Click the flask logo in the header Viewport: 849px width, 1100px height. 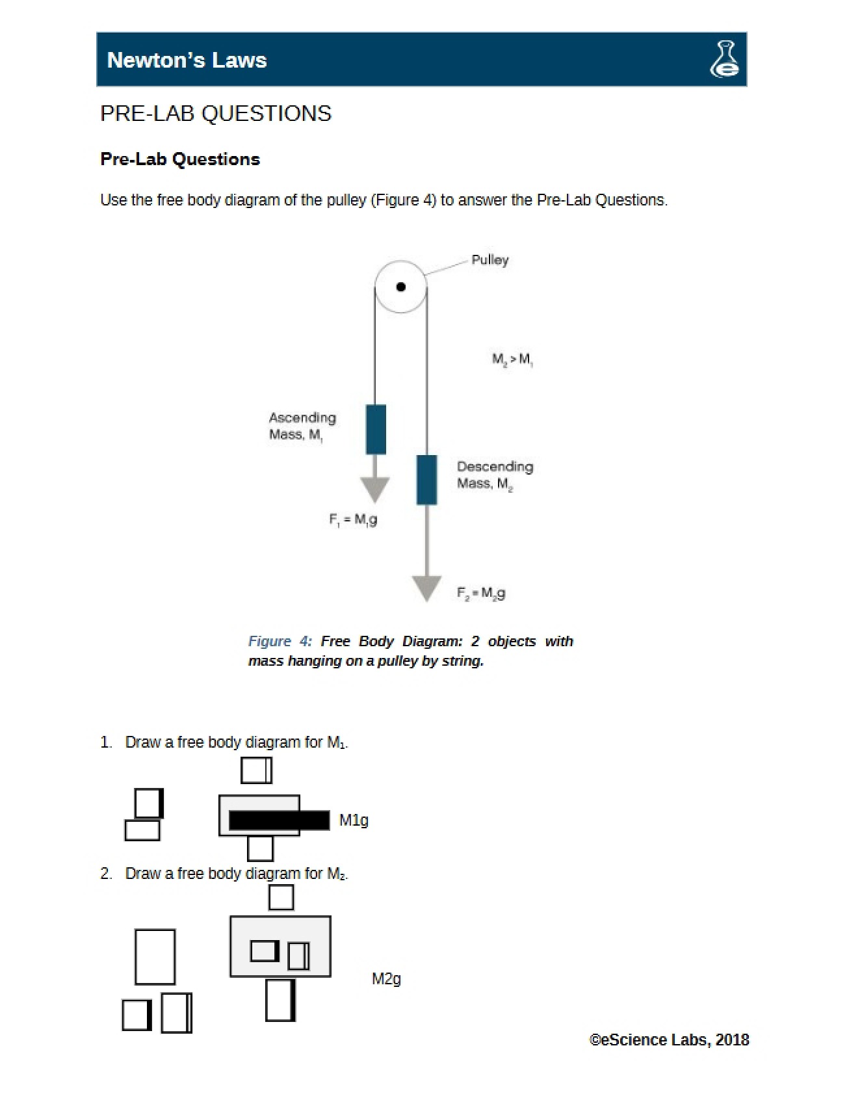tap(724, 59)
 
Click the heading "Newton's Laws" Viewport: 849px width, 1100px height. tap(187, 60)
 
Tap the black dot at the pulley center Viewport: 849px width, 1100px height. tap(401, 287)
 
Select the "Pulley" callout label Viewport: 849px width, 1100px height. tap(490, 260)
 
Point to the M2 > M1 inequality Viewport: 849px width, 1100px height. tap(512, 359)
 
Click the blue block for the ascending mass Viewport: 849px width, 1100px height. tap(376, 429)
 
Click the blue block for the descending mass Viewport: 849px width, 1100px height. tap(426, 480)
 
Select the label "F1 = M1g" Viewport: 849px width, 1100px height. tap(353, 519)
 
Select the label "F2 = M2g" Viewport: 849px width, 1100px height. tap(481, 593)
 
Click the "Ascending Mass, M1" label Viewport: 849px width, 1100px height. tap(302, 426)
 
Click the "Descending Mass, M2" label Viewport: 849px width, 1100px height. tap(495, 475)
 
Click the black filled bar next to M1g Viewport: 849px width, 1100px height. tap(280, 820)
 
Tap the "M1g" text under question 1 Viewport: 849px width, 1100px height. tap(354, 820)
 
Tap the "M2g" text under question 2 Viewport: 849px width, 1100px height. tap(386, 978)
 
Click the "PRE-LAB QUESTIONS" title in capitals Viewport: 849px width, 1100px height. tap(216, 114)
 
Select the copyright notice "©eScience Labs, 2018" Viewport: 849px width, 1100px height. tap(669, 1040)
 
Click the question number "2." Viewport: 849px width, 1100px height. tap(106, 873)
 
